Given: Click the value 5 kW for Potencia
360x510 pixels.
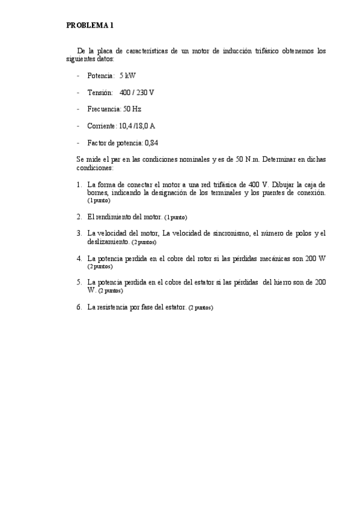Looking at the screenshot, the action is (x=127, y=77).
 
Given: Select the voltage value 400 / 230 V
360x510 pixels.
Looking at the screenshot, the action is (x=136, y=93).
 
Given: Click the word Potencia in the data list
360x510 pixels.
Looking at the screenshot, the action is (x=100, y=77).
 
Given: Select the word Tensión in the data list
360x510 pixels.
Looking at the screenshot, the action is (x=100, y=93).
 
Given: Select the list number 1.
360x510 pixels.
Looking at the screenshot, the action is (x=79, y=185).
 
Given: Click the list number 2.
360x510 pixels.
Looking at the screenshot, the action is (x=79, y=216).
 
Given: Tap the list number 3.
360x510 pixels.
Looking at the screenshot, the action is (x=79, y=233).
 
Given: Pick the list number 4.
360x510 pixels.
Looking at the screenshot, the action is (x=79, y=258).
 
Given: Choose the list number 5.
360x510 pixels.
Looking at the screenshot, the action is (x=79, y=281).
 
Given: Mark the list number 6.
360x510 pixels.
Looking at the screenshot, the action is (x=79, y=307).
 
